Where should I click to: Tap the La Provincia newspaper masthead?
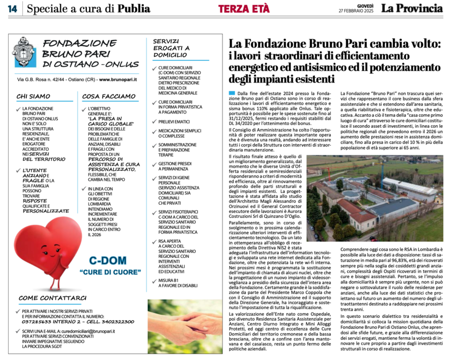(x=411, y=8)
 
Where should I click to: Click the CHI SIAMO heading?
(x=33, y=96)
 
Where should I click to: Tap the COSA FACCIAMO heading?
(x=107, y=96)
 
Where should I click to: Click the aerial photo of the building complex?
(x=374, y=198)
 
